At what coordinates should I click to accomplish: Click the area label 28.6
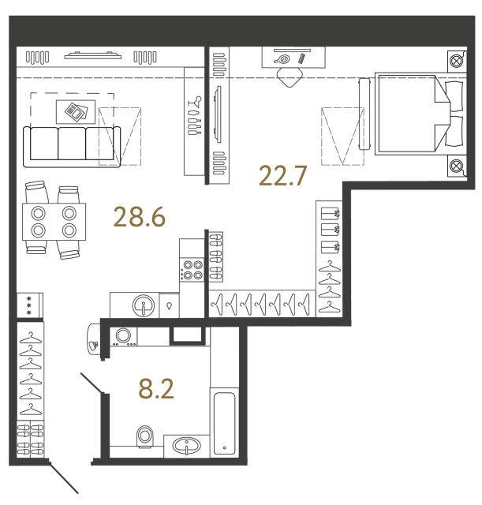[x=140, y=217]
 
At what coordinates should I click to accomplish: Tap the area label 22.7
[x=282, y=175]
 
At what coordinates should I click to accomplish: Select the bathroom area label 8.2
[x=156, y=389]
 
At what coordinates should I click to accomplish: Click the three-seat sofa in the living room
[x=72, y=147]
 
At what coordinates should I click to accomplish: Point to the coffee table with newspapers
[x=76, y=112]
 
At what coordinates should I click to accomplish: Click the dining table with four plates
[x=54, y=222]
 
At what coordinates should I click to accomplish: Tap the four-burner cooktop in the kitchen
[x=192, y=270]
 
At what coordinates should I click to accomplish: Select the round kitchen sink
[x=144, y=305]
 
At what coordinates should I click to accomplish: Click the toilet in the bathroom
[x=145, y=436]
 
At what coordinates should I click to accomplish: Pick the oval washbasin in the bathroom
[x=186, y=446]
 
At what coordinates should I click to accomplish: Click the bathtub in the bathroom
[x=224, y=423]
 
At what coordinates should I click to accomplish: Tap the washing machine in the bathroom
[x=123, y=337]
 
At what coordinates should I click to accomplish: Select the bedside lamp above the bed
[x=456, y=61]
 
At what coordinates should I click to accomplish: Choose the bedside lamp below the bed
[x=456, y=166]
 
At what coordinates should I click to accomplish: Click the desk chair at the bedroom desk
[x=290, y=77]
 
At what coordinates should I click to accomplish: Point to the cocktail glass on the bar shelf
[x=195, y=102]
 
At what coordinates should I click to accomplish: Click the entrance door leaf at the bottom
[x=64, y=478]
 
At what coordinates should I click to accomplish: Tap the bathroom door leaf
[x=92, y=383]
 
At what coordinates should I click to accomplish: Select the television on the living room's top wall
[x=93, y=56]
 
